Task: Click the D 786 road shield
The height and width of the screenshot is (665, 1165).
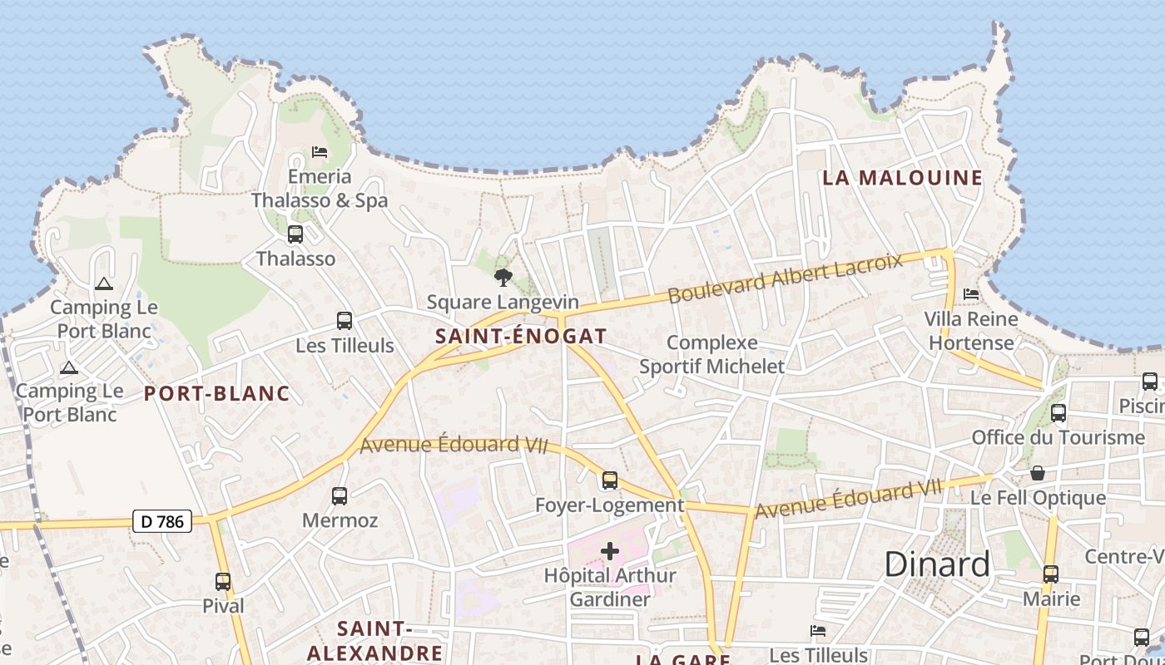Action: click(162, 522)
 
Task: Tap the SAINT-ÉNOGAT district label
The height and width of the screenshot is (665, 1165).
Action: click(521, 337)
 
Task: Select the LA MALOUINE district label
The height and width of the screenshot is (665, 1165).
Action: click(903, 178)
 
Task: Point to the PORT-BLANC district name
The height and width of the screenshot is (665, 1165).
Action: click(217, 394)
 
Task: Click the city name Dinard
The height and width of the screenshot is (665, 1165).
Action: click(937, 564)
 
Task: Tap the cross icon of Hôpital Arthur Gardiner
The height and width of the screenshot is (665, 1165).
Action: click(610, 551)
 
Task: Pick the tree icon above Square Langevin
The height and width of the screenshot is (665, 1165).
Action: click(503, 277)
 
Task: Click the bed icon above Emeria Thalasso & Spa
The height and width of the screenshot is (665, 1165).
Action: click(320, 152)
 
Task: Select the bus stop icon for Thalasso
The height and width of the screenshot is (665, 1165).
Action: click(295, 234)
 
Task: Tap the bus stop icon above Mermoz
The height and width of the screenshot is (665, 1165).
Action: click(340, 496)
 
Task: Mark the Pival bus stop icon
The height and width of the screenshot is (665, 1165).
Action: click(223, 582)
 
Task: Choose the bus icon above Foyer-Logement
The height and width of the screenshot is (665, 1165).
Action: click(610, 480)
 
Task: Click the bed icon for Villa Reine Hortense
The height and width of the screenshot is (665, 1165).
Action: click(971, 294)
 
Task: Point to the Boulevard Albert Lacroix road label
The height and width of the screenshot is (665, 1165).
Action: click(785, 278)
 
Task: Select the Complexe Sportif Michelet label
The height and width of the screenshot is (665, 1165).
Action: click(712, 354)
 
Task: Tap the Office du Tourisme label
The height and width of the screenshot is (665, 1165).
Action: click(1058, 437)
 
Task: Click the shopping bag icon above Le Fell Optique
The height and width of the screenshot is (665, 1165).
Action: click(1038, 474)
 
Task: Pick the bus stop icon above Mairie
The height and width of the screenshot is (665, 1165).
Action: click(1051, 574)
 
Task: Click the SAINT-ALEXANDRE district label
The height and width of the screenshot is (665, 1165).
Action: click(374, 641)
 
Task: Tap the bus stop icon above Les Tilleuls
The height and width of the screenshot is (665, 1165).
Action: click(345, 321)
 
